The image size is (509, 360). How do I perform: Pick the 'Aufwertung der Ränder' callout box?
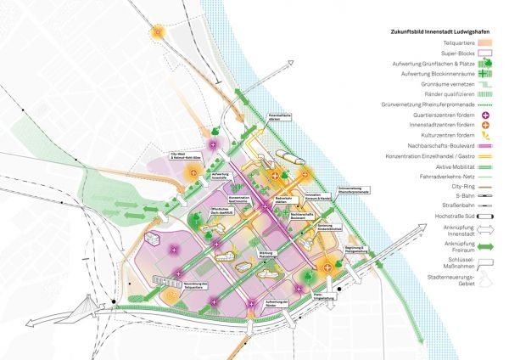click(x=278, y=304)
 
